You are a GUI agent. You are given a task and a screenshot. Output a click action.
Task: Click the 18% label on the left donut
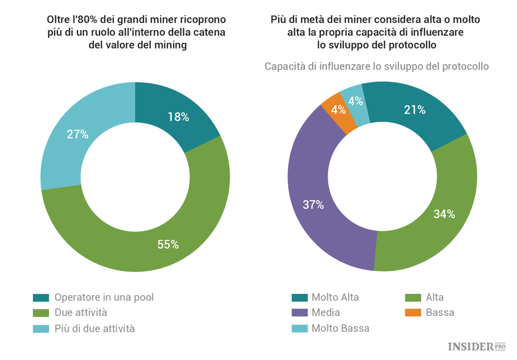pyautogui.click(x=178, y=117)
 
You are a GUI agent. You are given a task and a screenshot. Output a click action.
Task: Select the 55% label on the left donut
pyautogui.click(x=168, y=244)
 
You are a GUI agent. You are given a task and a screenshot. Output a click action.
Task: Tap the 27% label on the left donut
pyautogui.click(x=77, y=134)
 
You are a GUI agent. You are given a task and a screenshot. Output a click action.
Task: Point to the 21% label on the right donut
pyautogui.click(x=414, y=110)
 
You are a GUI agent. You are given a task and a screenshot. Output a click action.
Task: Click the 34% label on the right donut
pyautogui.click(x=443, y=214)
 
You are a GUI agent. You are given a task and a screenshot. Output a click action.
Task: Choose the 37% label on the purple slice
pyautogui.click(x=313, y=204)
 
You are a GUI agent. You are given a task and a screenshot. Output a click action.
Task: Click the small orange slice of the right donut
pyautogui.click(x=336, y=110)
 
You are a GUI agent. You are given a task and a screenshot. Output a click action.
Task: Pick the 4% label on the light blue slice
pyautogui.click(x=356, y=101)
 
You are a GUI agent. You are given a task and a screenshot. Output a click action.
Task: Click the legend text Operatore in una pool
pyautogui.click(x=103, y=297)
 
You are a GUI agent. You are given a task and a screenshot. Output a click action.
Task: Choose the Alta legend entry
pyautogui.click(x=434, y=297)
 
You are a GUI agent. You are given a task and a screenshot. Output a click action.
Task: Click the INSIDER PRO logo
pyautogui.click(x=476, y=346)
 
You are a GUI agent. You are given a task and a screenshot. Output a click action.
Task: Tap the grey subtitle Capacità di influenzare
pyautogui.click(x=376, y=66)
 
